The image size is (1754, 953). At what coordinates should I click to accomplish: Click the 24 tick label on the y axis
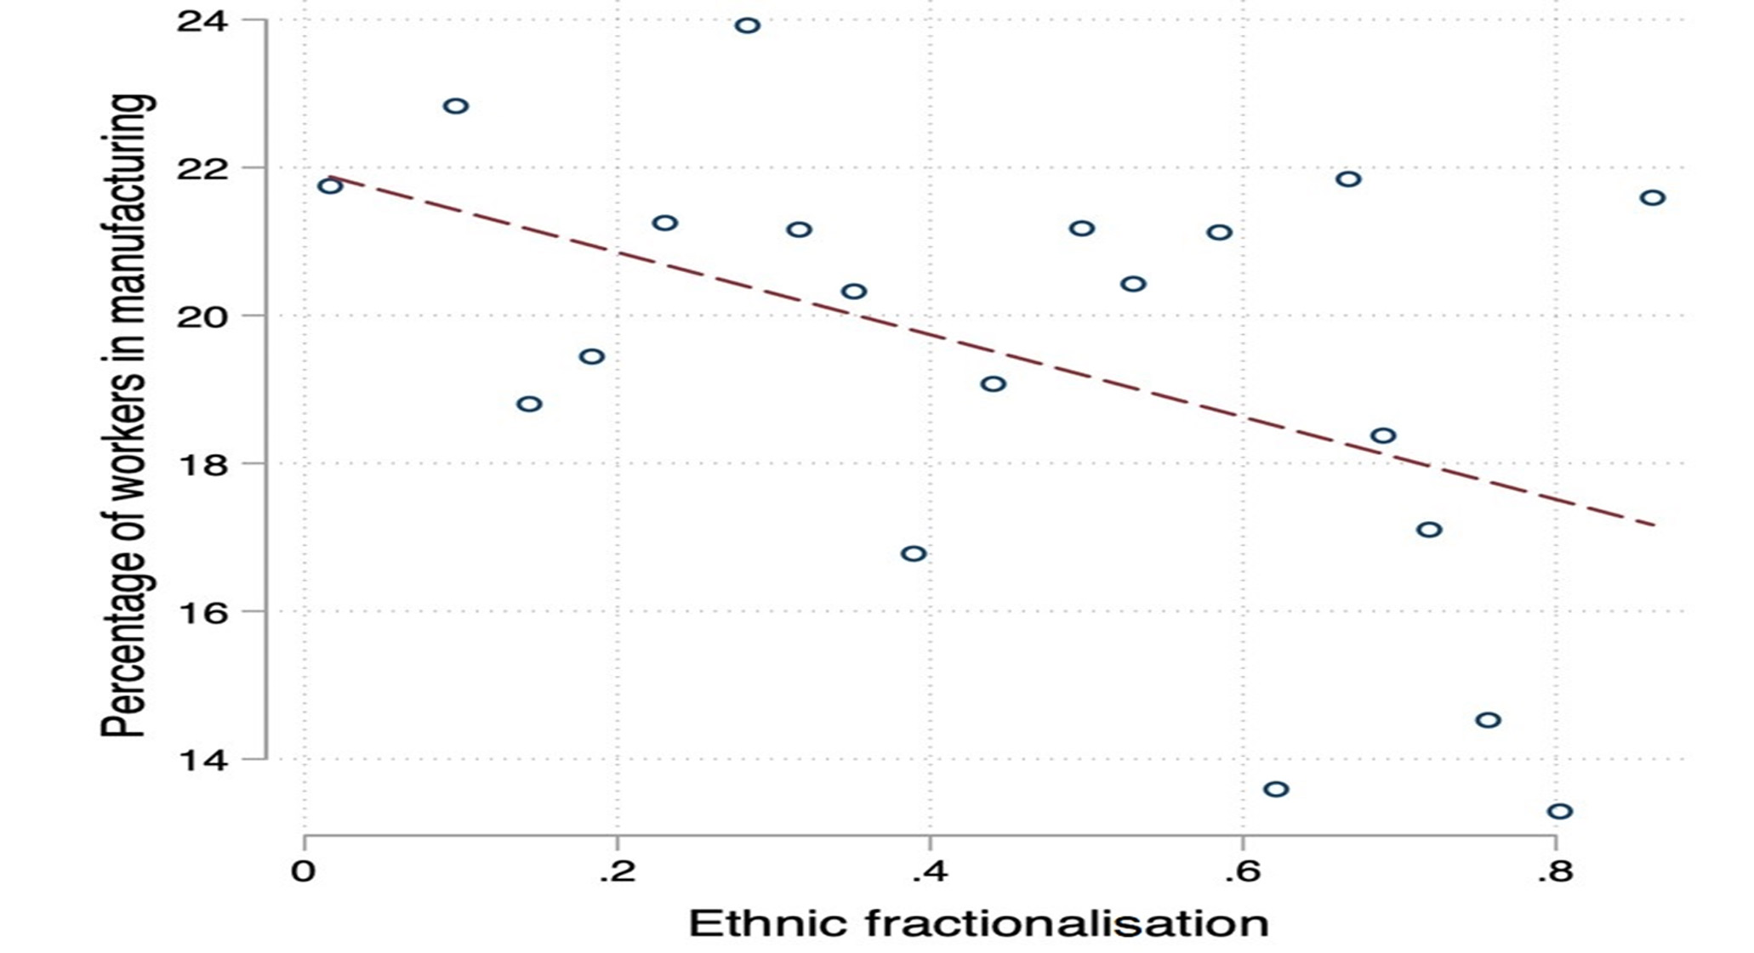(202, 21)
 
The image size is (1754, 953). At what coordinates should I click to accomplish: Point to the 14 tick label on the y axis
(202, 760)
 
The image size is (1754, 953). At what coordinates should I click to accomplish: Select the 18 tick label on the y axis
(202, 465)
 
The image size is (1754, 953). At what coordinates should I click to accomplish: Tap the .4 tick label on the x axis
(930, 872)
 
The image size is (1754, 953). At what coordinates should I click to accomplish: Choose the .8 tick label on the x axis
(1555, 872)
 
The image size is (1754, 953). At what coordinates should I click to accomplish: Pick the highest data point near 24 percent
(747, 26)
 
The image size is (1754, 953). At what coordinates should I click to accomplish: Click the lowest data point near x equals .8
(1559, 812)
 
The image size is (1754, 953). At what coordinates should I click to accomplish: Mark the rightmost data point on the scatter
(1652, 198)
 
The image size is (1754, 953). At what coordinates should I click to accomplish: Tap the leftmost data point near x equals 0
(330, 185)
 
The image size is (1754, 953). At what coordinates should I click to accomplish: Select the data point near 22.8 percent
(456, 106)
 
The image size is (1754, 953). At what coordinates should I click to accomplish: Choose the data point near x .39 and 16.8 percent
(914, 554)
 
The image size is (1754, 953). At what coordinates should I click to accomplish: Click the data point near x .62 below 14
(1276, 790)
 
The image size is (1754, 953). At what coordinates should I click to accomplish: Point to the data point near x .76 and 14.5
(1488, 720)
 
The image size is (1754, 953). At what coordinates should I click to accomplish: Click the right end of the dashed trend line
(1654, 525)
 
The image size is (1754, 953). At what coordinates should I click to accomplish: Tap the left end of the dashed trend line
(330, 177)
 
